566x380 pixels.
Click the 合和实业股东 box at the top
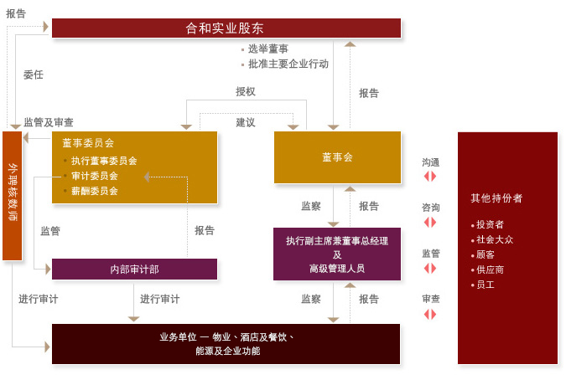[226, 28]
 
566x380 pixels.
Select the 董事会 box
[337, 157]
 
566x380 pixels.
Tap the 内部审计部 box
[134, 269]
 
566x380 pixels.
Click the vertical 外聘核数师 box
[13, 194]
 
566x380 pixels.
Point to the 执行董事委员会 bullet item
[103, 161]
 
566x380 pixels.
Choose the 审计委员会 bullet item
[94, 176]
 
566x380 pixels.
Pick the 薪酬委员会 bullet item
[94, 191]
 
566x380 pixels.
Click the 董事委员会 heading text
[87, 143]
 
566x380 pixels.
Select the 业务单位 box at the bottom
[226, 343]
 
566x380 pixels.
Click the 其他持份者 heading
[496, 198]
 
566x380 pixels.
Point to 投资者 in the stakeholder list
[490, 224]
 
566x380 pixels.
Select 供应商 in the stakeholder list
[490, 270]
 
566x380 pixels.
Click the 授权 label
[245, 91]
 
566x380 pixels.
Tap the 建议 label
[245, 122]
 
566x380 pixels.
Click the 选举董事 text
[267, 49]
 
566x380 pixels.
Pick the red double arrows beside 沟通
[430, 177]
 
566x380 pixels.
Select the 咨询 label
[430, 208]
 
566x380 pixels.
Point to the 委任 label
[34, 74]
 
